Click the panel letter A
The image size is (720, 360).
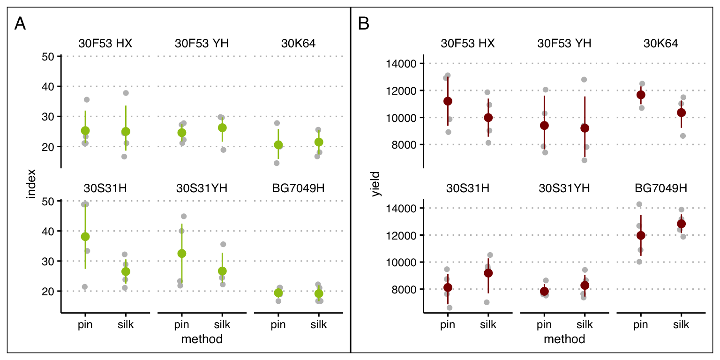(20, 24)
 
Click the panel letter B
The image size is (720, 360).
(364, 24)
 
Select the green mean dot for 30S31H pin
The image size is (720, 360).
(85, 236)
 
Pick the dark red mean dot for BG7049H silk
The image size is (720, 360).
(681, 224)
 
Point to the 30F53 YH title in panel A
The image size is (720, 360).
(202, 44)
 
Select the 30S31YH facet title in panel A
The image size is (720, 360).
(202, 188)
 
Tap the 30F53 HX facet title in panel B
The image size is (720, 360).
(468, 44)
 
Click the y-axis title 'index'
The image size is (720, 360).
(31, 184)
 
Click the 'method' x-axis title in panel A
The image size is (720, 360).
(202, 339)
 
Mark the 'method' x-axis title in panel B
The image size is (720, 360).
(564, 339)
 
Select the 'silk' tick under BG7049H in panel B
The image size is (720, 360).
(681, 324)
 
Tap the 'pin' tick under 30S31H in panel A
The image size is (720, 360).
(85, 324)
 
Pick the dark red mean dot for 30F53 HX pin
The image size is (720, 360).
(448, 101)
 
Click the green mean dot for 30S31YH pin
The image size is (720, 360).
(182, 253)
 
